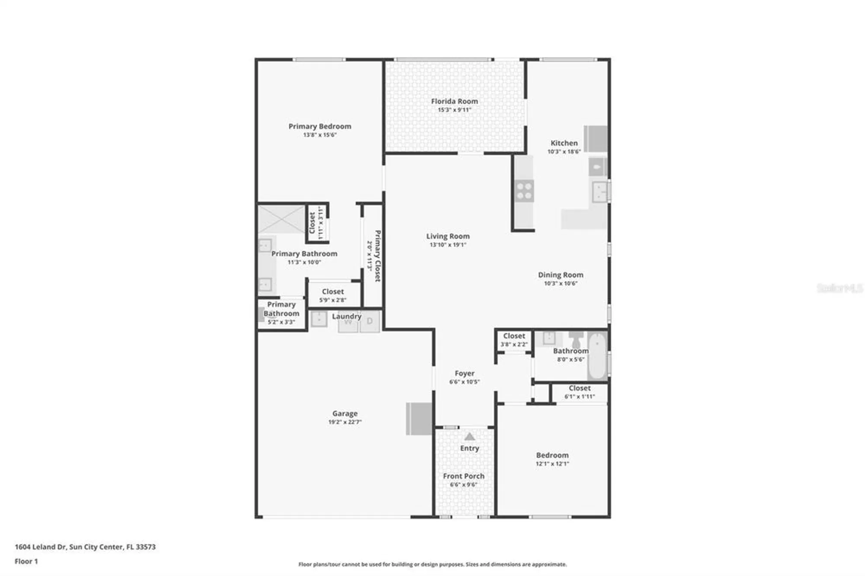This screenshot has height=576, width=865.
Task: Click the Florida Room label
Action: tap(454, 101)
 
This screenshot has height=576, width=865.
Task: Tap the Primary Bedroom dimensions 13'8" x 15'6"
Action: tap(320, 135)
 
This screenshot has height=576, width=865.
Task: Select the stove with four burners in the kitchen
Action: tap(524, 191)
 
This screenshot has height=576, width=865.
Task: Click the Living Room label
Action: tap(448, 236)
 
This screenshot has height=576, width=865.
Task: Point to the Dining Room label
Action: tap(561, 275)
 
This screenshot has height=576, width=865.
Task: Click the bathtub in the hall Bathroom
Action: tap(598, 355)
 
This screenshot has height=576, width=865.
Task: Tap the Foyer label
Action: tap(465, 373)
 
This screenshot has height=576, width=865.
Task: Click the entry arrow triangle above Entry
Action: tap(469, 437)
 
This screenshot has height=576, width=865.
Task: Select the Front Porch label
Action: tap(464, 476)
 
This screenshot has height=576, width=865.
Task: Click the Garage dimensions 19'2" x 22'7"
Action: tap(345, 422)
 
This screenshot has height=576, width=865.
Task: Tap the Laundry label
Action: tap(346, 316)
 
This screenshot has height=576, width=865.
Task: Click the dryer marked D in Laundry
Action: tap(370, 321)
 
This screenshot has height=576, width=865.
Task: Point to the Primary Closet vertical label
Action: tap(377, 256)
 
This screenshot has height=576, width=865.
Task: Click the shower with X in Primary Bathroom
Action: tap(282, 220)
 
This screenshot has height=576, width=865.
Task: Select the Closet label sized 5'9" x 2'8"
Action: tap(333, 292)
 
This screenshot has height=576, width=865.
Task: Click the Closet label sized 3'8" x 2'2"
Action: tap(514, 336)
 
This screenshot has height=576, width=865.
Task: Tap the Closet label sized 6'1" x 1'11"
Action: tap(579, 388)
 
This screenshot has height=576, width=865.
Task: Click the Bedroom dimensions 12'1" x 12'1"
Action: tap(552, 464)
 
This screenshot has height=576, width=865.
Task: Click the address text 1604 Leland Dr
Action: tap(41, 547)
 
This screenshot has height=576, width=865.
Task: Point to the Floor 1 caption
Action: tap(26, 561)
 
